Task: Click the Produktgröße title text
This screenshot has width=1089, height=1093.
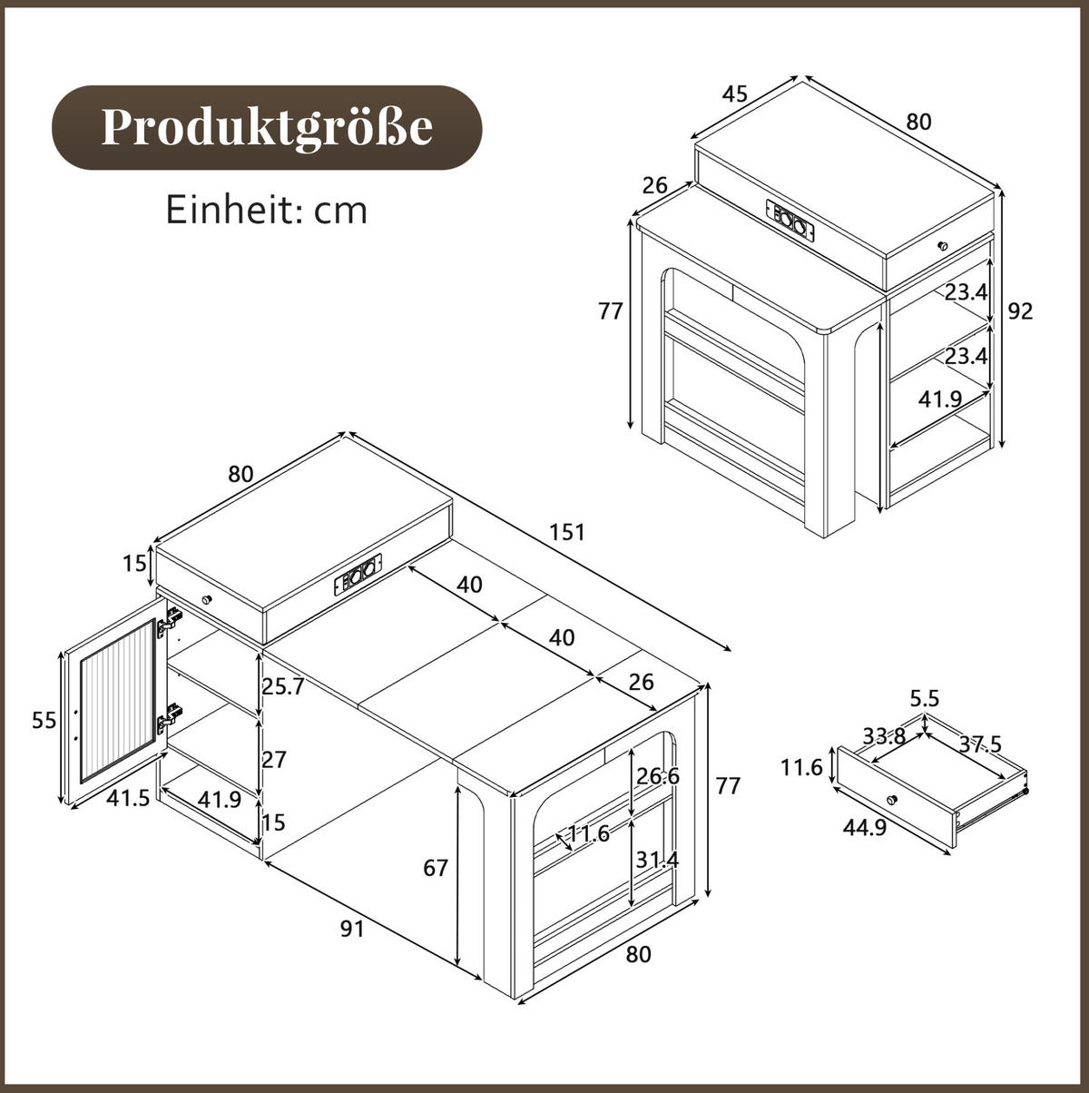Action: coord(267,128)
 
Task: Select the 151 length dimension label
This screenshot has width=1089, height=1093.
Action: coord(567,532)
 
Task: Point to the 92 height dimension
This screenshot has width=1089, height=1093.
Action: coord(1020,310)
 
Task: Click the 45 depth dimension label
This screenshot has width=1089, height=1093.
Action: coord(735,94)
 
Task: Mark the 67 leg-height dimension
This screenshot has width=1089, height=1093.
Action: coord(436,869)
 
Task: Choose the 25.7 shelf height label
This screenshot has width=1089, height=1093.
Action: coord(283,687)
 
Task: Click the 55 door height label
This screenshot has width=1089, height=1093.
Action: coord(44,721)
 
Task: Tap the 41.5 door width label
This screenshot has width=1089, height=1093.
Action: coord(128,798)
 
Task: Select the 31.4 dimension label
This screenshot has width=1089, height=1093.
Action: coord(657,860)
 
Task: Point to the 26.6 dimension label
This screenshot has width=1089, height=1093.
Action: coord(657,776)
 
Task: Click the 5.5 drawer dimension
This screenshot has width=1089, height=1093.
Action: coord(925,698)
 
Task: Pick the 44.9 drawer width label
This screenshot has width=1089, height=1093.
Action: coord(864,828)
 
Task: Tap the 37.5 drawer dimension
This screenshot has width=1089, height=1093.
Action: coord(980,743)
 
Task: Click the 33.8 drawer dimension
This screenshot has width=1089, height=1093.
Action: coord(885,736)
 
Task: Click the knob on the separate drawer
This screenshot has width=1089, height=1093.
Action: coord(892,800)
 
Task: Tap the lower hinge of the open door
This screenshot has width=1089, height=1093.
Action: coord(170,716)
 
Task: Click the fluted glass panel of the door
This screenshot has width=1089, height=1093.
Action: coord(118,701)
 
